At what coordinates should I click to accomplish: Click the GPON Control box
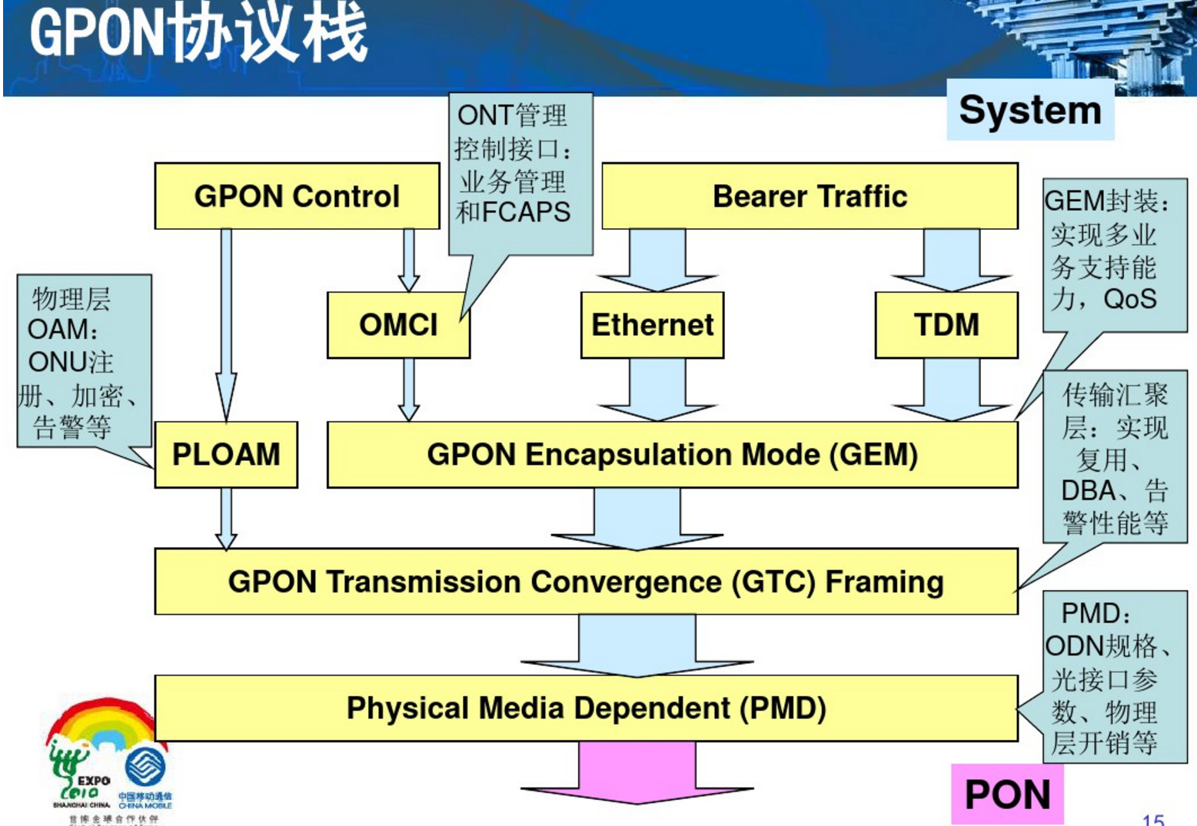[x=297, y=196]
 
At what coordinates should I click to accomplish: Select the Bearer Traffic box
[x=810, y=196]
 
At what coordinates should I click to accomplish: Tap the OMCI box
[x=397, y=324]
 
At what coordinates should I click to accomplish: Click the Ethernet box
[x=652, y=324]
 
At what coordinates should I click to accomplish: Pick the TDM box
[x=946, y=324]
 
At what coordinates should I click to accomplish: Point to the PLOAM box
[x=226, y=454]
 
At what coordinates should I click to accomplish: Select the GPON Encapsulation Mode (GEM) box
[x=672, y=454]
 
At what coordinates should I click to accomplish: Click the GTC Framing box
[x=586, y=582]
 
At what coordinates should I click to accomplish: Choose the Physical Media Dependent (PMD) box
[x=586, y=708]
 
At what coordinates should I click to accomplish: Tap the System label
[x=1029, y=110]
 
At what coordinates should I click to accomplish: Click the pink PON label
[x=1007, y=794]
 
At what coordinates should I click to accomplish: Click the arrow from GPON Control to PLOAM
[x=226, y=323]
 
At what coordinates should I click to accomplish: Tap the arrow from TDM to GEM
[x=952, y=389]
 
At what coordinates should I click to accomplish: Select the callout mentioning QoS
[x=1113, y=254]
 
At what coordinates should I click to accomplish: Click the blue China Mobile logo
[x=145, y=768]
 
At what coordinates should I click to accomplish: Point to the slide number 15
[x=1153, y=819]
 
